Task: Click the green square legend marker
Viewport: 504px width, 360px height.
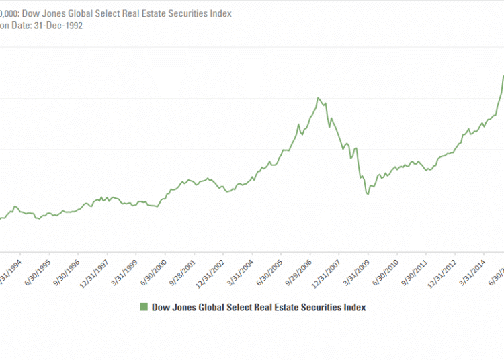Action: click(142, 307)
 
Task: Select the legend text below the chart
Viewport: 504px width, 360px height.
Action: click(259, 307)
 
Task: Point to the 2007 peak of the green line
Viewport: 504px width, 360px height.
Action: click(318, 98)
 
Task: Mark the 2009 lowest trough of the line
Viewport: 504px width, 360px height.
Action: click(368, 195)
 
